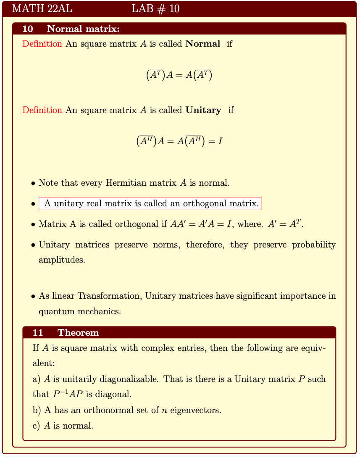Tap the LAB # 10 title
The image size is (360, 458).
tap(155, 9)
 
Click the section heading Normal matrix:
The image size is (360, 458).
tap(83, 29)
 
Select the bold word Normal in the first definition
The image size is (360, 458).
tap(203, 44)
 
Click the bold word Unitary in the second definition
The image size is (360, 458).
tap(203, 110)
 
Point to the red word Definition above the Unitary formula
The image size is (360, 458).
tap(42, 110)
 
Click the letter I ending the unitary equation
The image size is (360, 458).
tap(220, 141)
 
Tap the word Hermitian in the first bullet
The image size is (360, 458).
tap(127, 183)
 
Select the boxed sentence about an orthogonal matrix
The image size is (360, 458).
tap(150, 204)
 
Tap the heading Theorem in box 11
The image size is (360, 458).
tap(78, 333)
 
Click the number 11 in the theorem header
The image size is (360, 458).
tap(38, 333)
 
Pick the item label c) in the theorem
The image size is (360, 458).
tap(36, 426)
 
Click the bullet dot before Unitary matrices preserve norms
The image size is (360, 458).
tap(33, 245)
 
